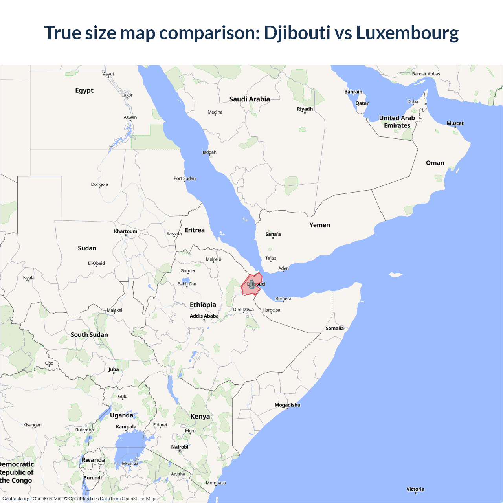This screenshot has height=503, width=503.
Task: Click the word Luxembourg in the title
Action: pyautogui.click(x=407, y=33)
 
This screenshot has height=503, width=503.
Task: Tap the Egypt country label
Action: pyautogui.click(x=84, y=90)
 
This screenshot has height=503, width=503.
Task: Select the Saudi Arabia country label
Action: pyautogui.click(x=250, y=99)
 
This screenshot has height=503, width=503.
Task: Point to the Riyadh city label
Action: pyautogui.click(x=305, y=109)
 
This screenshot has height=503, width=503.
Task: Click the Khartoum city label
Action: pyautogui.click(x=126, y=231)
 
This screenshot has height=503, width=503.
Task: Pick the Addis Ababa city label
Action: pyautogui.click(x=204, y=316)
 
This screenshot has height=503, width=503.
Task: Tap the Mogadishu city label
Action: pyautogui.click(x=287, y=405)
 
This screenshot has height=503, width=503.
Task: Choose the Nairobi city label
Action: pyautogui.click(x=180, y=447)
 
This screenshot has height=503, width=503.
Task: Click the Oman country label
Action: pyautogui.click(x=435, y=163)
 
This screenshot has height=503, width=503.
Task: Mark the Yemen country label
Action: pyautogui.click(x=319, y=225)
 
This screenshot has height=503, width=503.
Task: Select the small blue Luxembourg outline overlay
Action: pyautogui.click(x=251, y=285)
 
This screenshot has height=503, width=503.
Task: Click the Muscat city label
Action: pyautogui.click(x=455, y=123)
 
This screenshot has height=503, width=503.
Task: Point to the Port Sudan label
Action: pyautogui.click(x=185, y=178)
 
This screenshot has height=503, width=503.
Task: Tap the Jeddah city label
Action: pyautogui.click(x=209, y=152)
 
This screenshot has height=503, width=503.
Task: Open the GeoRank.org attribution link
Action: pyautogui.click(x=16, y=499)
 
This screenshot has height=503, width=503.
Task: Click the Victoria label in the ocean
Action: pyautogui.click(x=415, y=489)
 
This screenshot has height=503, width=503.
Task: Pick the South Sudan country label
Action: pyautogui.click(x=89, y=335)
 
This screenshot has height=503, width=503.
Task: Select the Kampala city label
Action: pyautogui.click(x=126, y=427)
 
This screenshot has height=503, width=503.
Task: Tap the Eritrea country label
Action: pyautogui.click(x=195, y=230)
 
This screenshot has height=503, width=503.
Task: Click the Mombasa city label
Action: pyautogui.click(x=216, y=483)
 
